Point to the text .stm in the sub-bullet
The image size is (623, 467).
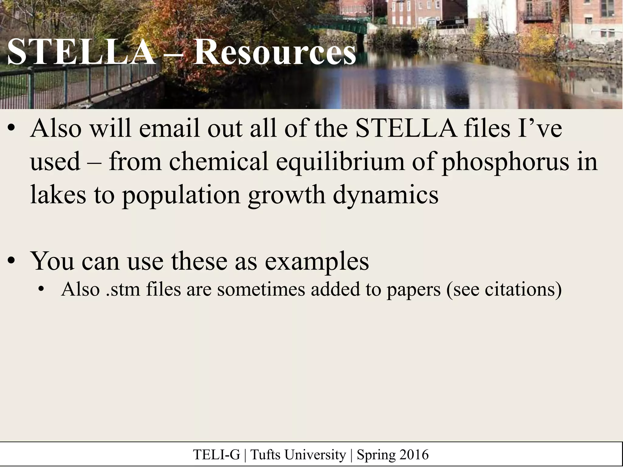(123, 289)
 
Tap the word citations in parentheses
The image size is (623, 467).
(520, 289)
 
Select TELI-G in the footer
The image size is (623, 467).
(216, 455)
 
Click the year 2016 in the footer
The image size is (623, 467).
(414, 455)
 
